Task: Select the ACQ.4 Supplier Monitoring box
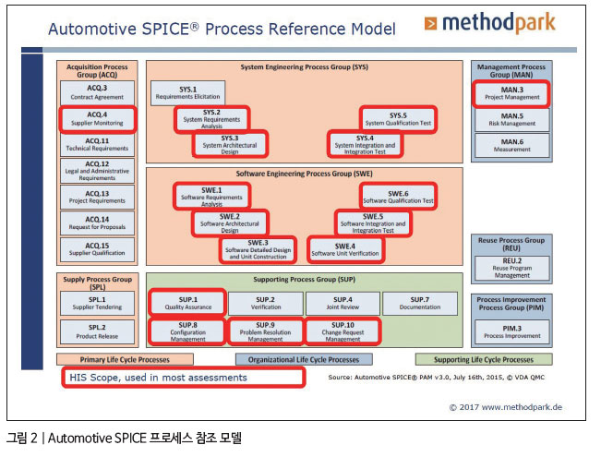pos(97,119)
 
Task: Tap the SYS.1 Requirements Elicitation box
pos(188,94)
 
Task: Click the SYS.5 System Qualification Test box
pos(398,119)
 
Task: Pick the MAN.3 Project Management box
pos(511,93)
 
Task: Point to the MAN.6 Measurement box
pos(511,146)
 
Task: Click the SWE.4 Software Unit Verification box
pos(344,249)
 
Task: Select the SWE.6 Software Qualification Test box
pos(398,196)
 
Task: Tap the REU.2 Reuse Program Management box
pos(511,267)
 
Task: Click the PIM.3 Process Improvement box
pos(511,331)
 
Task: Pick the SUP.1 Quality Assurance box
pos(187,304)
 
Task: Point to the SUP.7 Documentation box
pos(420,304)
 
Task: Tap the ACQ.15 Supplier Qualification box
pos(97,249)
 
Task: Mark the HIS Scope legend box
pos(182,377)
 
